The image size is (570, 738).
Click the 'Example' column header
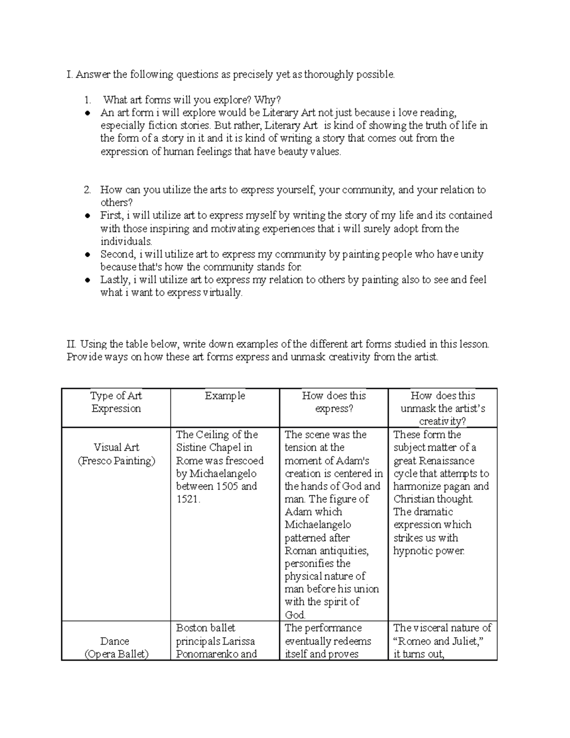225,396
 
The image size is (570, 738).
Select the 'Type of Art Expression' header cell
116,402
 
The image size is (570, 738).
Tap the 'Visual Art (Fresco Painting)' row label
116,454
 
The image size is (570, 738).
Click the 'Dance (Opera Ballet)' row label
116,647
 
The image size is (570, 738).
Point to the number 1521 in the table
187,499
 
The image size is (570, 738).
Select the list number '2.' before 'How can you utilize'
87,190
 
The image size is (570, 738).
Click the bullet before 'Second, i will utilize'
87,255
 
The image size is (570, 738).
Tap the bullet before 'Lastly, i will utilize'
87,280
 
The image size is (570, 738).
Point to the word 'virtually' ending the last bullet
222,293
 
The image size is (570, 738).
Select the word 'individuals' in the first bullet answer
125,241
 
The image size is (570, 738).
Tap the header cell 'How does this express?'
334,402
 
